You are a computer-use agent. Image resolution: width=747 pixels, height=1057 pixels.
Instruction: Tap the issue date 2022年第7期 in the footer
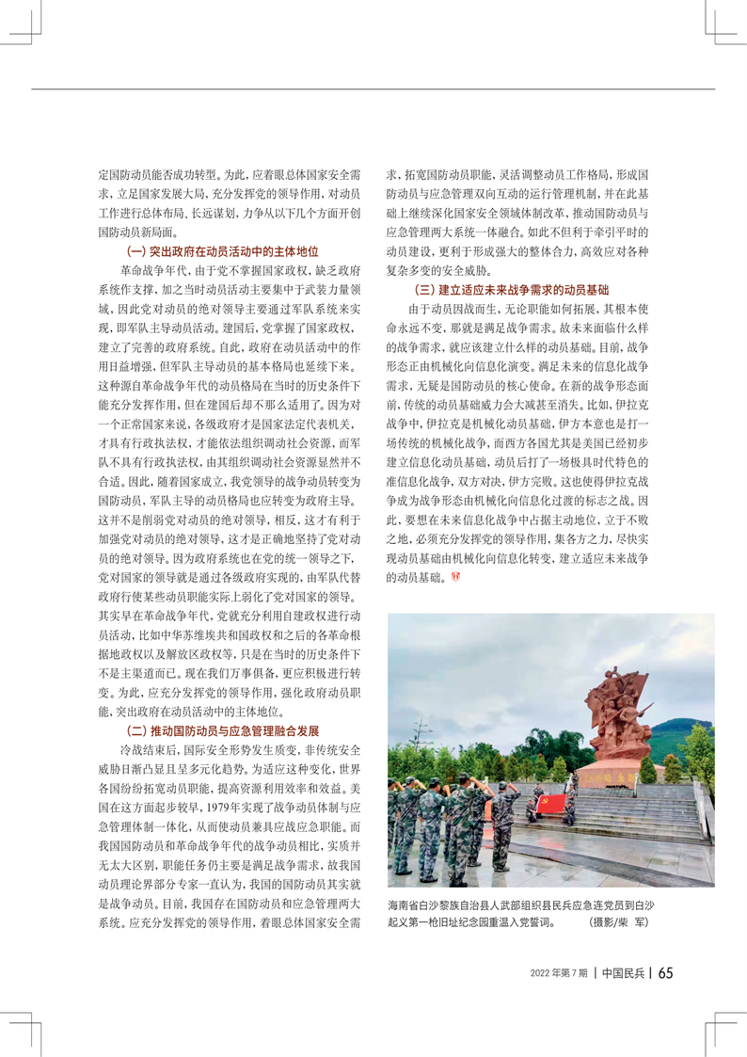559,972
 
